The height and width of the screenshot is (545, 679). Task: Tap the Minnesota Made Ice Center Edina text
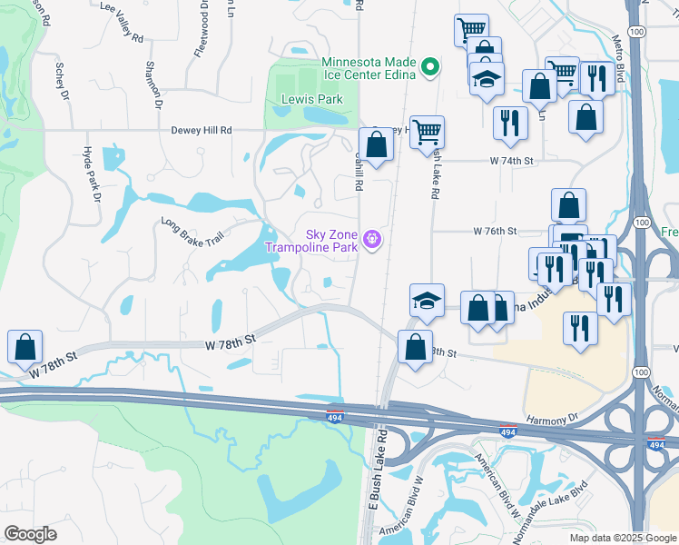tap(369, 69)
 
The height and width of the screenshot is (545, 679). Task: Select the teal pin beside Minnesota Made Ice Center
tap(431, 66)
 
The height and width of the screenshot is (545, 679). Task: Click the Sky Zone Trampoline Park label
tap(311, 240)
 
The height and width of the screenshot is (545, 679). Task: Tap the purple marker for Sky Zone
tap(370, 240)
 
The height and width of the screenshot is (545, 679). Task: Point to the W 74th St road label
tap(487, 160)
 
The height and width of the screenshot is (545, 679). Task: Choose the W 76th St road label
tap(495, 232)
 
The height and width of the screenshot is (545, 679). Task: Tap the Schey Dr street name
tap(62, 80)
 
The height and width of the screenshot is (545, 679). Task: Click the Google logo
tap(31, 534)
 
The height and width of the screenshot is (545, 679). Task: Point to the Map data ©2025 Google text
tap(622, 538)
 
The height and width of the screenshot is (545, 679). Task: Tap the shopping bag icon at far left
tap(25, 346)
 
